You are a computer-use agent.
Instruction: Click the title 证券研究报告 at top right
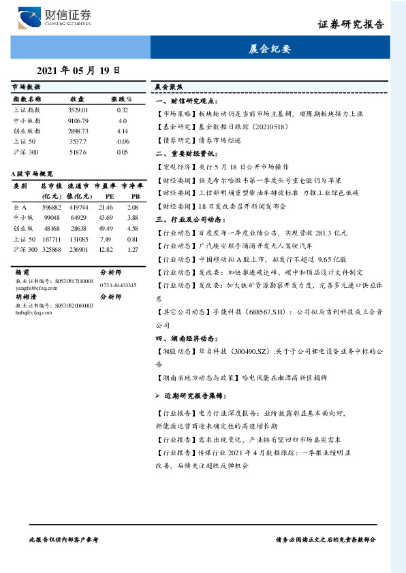coord(351,24)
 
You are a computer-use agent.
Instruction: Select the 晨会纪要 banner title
coord(270,49)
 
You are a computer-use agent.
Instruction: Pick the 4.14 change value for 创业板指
coord(123,131)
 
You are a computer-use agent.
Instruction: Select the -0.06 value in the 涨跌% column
coord(123,141)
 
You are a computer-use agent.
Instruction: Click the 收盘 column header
coord(77,99)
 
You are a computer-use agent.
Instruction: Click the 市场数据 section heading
coord(26,88)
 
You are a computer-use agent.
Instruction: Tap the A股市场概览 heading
coord(32,175)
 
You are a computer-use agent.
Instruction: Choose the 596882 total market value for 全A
coord(51,207)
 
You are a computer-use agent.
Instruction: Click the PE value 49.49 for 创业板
coord(106,229)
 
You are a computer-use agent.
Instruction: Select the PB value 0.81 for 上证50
coord(133,240)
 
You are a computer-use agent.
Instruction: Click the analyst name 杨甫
coord(21,271)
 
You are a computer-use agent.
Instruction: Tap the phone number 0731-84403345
coord(118,285)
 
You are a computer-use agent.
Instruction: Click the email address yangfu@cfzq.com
coord(33,288)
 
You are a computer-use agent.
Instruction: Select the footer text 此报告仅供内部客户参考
coord(64,538)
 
